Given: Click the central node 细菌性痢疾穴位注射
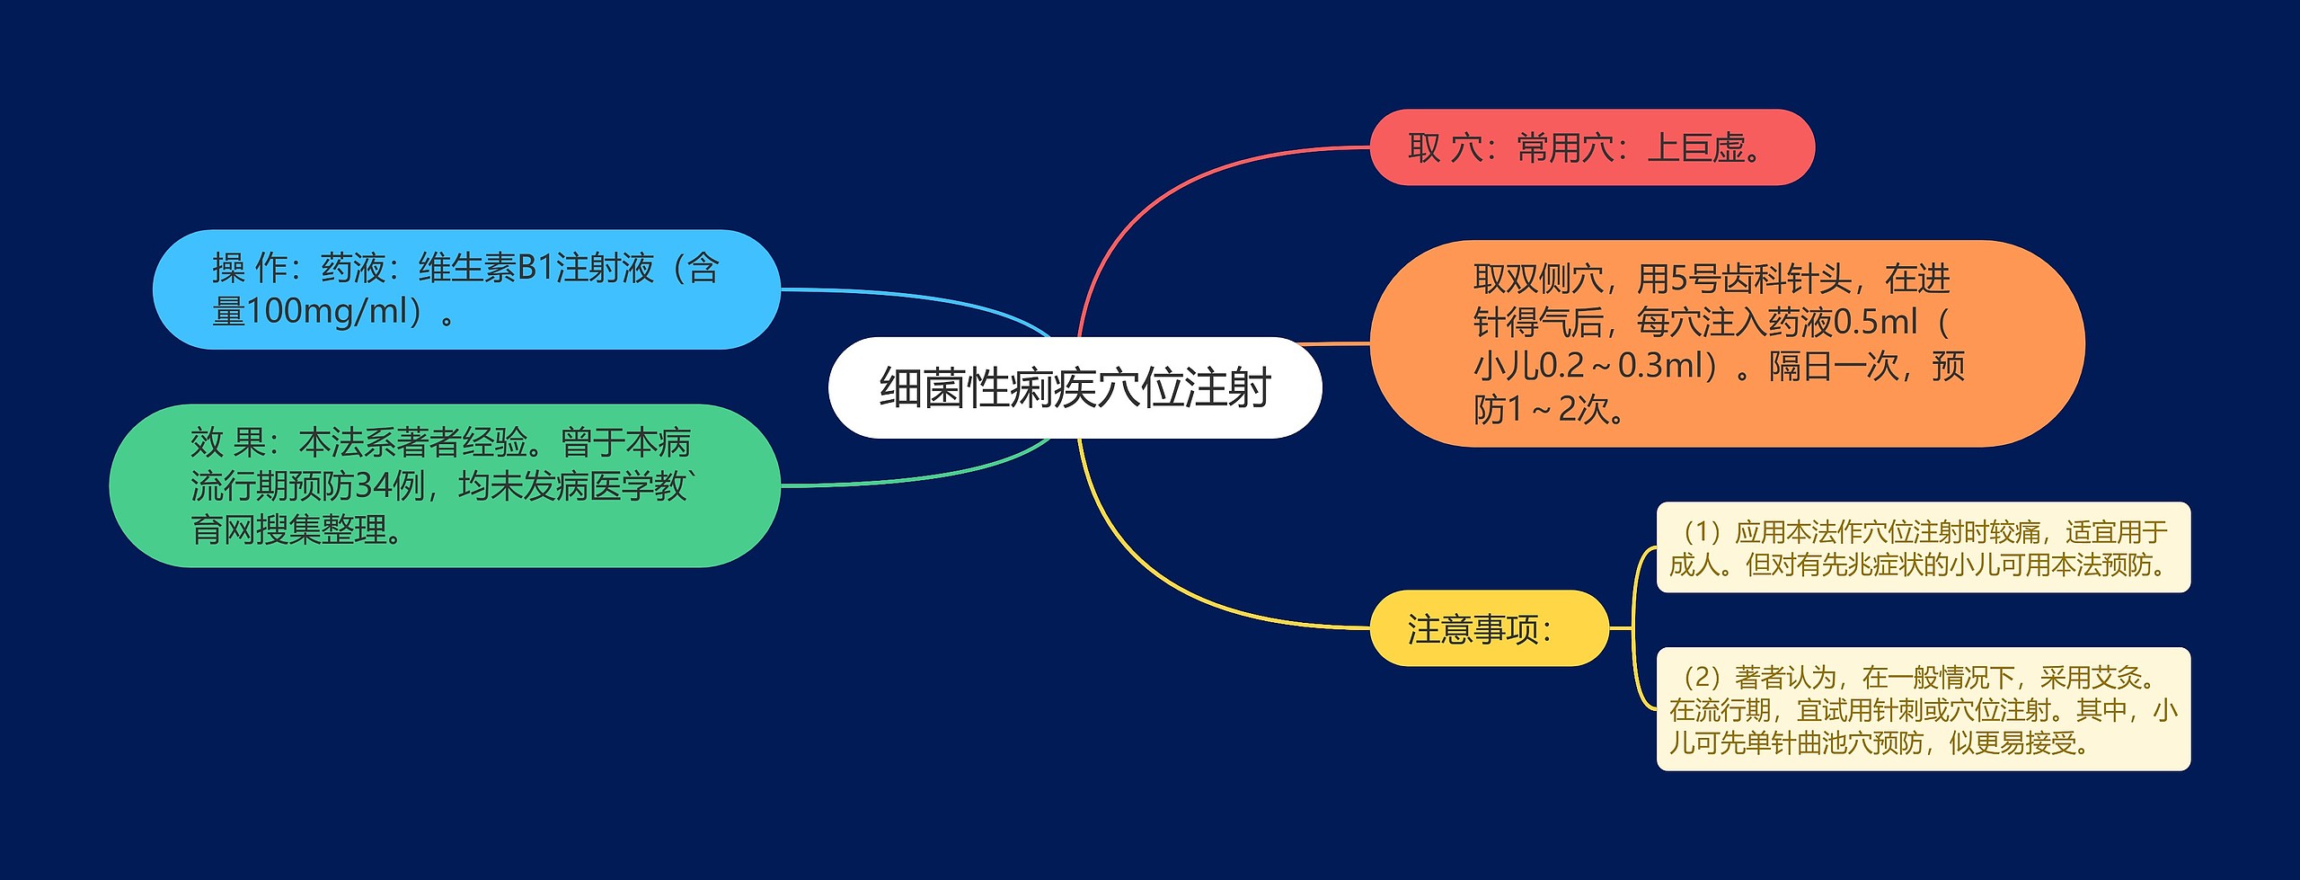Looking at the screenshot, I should coord(1075,387).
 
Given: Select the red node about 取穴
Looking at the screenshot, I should coord(1591,147).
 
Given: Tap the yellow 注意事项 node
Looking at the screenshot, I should coord(1488,628).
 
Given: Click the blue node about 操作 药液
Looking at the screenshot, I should coord(465,289).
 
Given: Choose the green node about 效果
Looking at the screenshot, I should coord(444,485).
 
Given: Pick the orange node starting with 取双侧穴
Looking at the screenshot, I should coord(1725,343).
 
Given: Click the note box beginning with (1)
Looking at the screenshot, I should coord(1923,547).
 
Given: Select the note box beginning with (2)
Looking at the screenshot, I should coord(1923,709).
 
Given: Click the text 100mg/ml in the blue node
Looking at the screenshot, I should coord(327,312).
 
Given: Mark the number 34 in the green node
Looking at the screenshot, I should coord(372,486).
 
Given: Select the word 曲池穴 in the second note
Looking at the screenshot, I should coord(1842,743).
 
